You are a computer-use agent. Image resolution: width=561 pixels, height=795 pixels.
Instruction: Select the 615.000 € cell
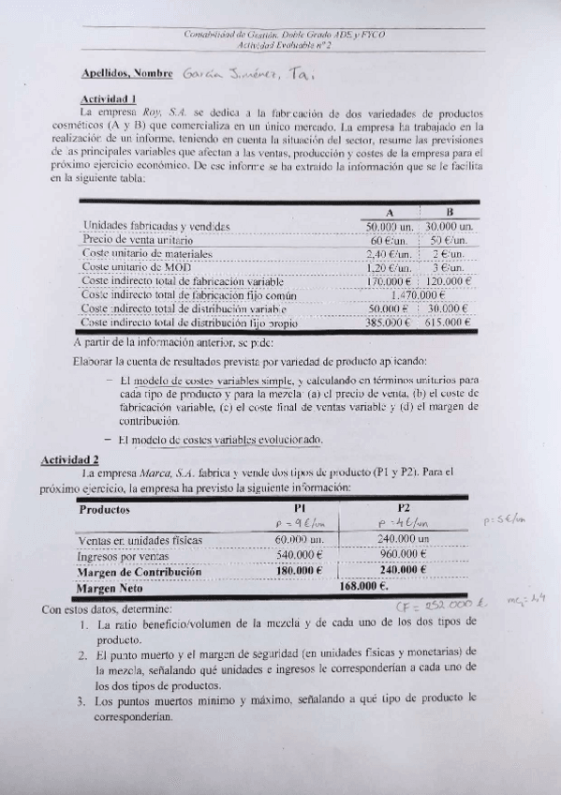[x=447, y=322]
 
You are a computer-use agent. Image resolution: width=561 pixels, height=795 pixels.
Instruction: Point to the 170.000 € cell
[x=389, y=280]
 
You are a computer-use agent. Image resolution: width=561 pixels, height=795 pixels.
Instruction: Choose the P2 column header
[x=405, y=508]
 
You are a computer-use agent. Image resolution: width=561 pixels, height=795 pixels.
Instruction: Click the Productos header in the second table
[x=105, y=510]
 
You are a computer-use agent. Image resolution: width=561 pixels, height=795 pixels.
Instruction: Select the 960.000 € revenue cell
[x=405, y=555]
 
